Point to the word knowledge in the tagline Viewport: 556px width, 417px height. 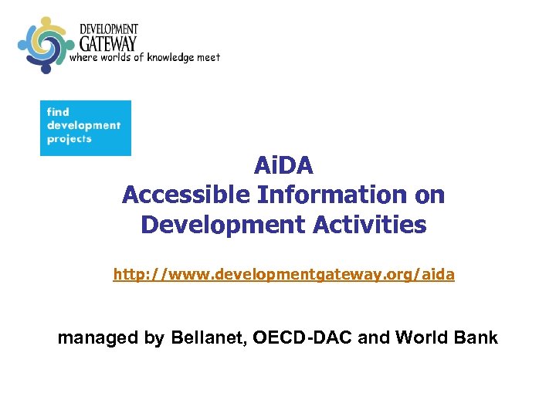172,57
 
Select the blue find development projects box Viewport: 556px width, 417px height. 86,127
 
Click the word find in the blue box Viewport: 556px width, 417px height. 58,112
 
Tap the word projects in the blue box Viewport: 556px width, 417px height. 69,140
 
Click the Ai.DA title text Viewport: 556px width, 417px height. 283,166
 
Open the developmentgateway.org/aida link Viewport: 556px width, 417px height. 283,274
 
